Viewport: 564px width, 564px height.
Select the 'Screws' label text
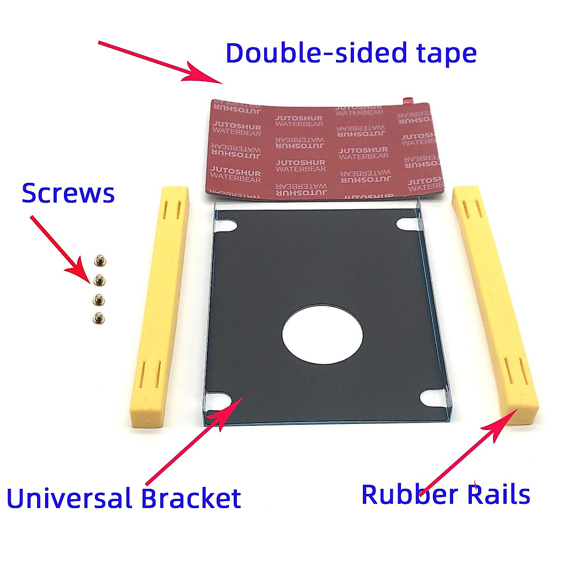pyautogui.click(x=68, y=193)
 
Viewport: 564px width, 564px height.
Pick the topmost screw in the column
pyautogui.click(x=100, y=259)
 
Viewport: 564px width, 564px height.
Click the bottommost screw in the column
pyautogui.click(x=99, y=319)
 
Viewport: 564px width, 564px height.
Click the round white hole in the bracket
pyautogui.click(x=322, y=334)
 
